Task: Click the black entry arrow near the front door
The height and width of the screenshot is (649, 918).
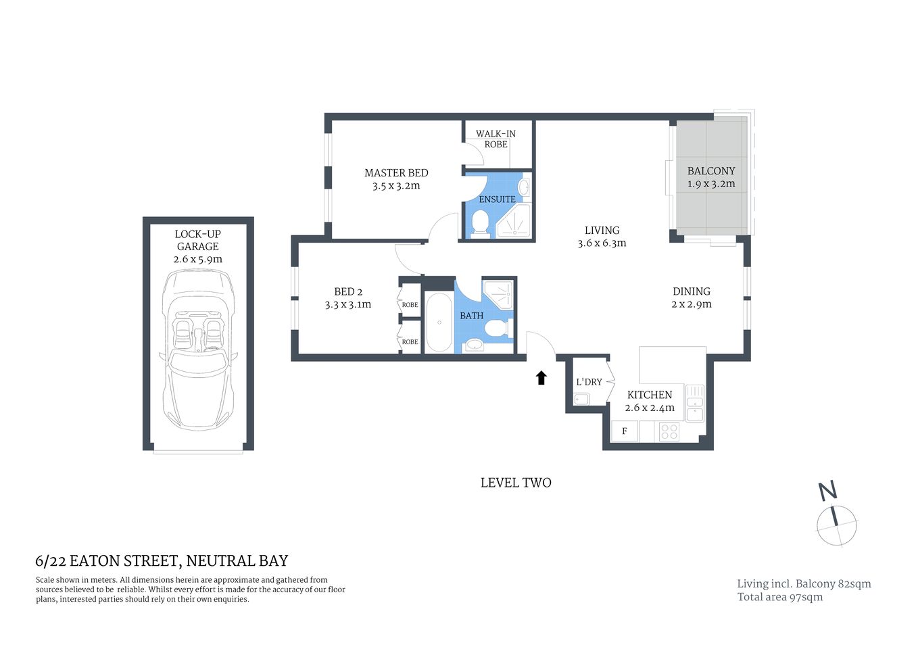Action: coord(541,378)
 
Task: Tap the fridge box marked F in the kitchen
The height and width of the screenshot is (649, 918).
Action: coord(625,431)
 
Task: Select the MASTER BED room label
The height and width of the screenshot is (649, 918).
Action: coord(396,173)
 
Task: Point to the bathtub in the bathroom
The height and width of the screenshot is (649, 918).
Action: coord(438,322)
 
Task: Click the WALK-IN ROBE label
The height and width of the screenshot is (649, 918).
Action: coord(496,139)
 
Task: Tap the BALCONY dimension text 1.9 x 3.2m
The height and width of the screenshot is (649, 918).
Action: coord(711,184)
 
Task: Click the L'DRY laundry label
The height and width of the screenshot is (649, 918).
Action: coord(589,382)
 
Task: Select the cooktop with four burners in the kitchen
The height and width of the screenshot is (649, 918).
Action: coord(669,431)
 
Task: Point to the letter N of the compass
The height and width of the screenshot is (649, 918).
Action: coord(827,491)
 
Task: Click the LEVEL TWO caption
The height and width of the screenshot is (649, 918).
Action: coord(516,483)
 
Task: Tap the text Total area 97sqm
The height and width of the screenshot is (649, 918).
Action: coord(779,597)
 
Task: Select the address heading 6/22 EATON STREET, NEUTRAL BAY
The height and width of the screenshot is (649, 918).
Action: coord(162,561)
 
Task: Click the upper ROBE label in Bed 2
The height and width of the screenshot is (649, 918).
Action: coord(410,305)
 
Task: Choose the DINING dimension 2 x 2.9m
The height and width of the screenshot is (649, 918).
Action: coord(691,304)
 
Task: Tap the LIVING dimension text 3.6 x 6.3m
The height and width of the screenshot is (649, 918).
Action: coord(602,243)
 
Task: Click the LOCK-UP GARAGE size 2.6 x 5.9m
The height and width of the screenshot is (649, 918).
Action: coord(198,259)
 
